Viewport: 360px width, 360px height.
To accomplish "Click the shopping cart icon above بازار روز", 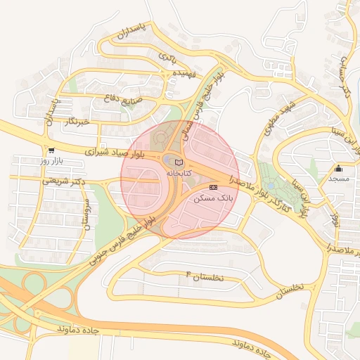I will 51,150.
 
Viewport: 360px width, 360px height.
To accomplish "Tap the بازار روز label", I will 51,161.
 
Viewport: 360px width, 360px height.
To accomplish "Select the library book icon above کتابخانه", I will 177,162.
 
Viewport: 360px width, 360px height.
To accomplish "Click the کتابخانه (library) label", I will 177,172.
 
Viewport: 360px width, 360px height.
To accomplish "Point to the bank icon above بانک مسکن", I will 214,187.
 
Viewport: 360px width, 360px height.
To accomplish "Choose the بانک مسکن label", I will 214,198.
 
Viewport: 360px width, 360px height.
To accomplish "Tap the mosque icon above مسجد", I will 339,169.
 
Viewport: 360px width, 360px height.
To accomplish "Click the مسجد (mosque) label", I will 339,179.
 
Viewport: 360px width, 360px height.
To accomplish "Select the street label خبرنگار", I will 76,122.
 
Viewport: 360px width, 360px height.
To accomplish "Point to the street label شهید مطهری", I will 277,120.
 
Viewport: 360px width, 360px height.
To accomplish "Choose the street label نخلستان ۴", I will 204,277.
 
